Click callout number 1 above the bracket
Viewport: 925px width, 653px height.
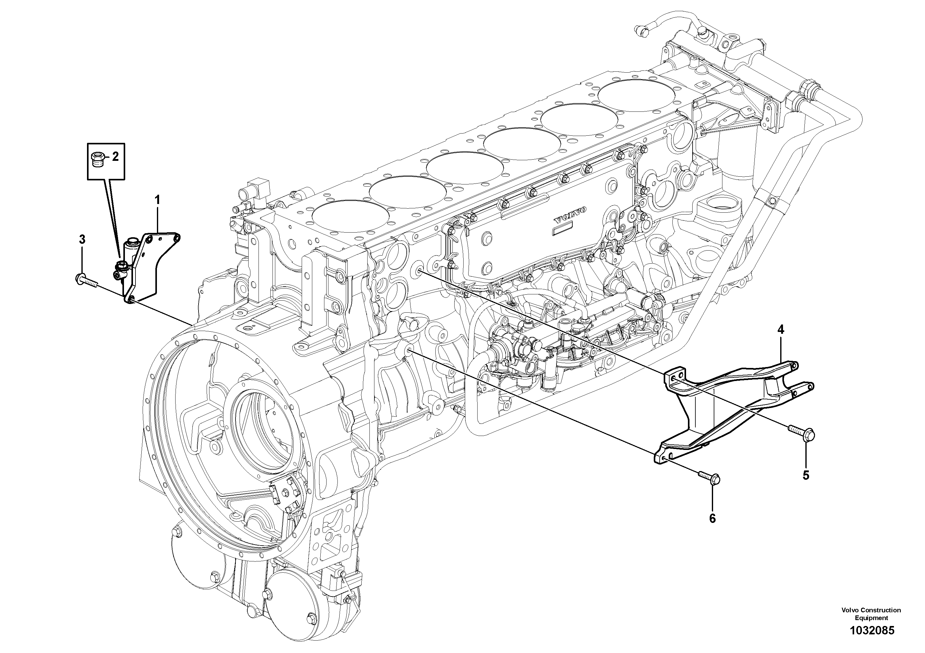pos(158,200)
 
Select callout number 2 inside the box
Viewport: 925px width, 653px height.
pos(115,156)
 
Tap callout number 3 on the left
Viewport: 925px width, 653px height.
pos(82,240)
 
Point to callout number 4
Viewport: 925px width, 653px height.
pos(781,330)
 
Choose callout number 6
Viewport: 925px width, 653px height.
pos(712,519)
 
